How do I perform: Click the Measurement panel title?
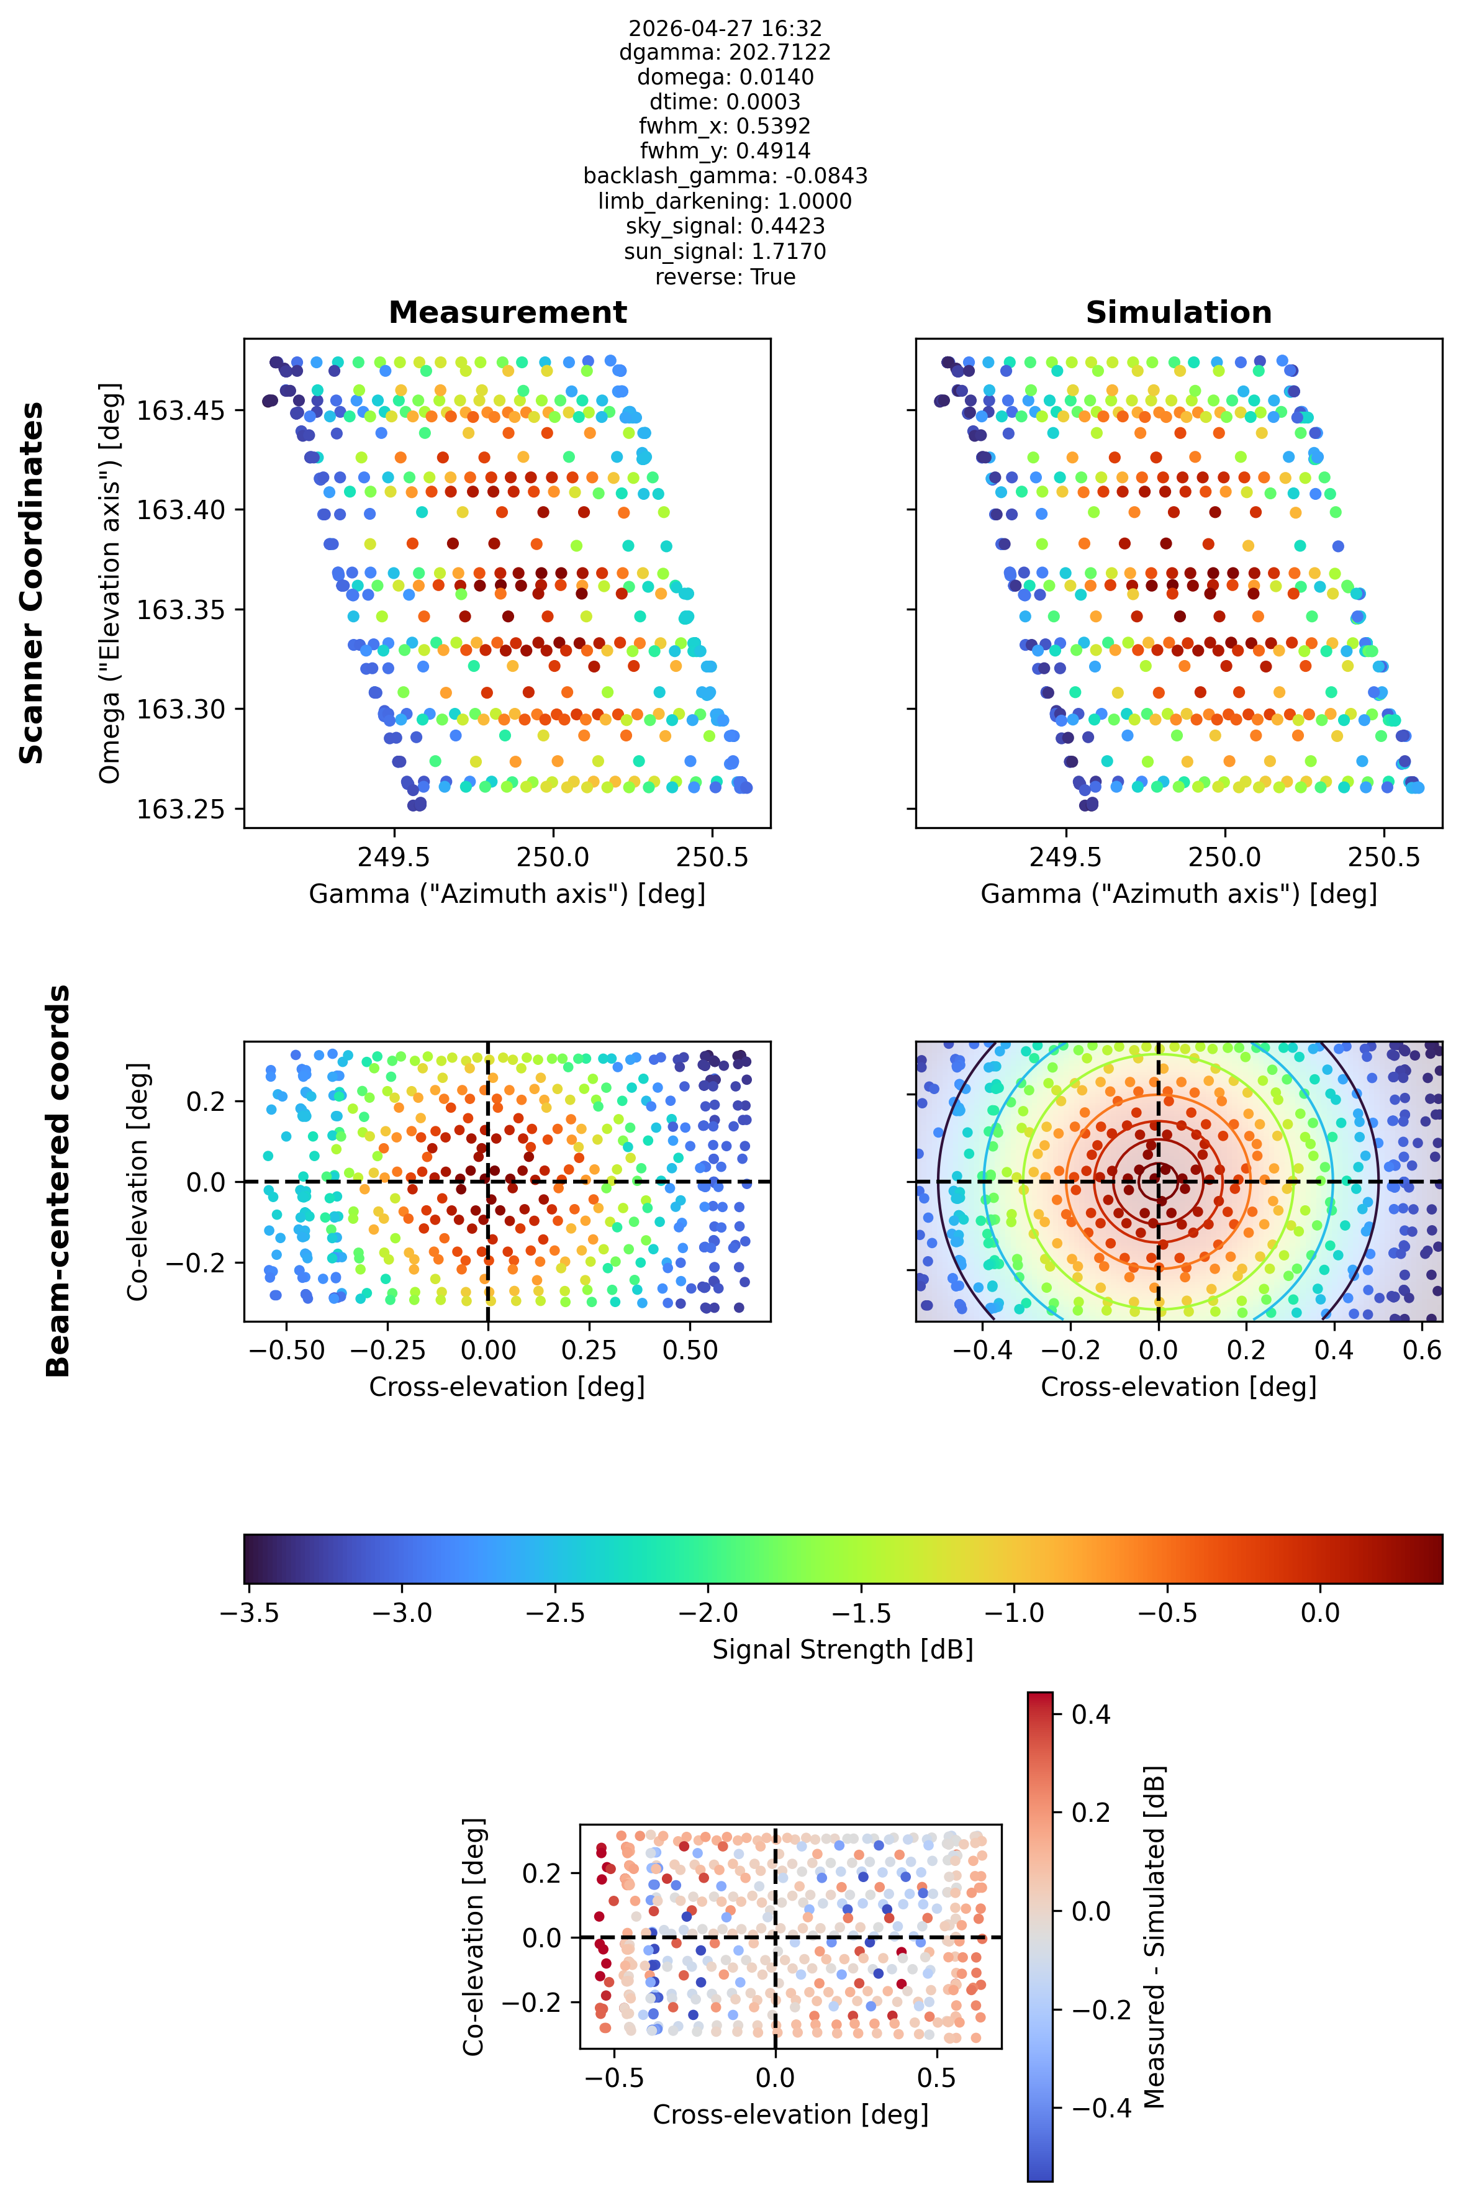pyautogui.click(x=508, y=312)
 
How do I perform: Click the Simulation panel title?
pyautogui.click(x=1178, y=312)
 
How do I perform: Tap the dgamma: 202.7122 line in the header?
pyautogui.click(x=725, y=52)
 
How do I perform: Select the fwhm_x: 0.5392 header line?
pyautogui.click(x=725, y=126)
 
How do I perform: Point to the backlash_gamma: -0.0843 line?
pyautogui.click(x=725, y=176)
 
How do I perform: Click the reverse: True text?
pyautogui.click(x=725, y=277)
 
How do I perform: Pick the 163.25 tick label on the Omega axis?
pyautogui.click(x=182, y=809)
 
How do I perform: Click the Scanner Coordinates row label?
pyautogui.click(x=32, y=583)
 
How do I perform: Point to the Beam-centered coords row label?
pyautogui.click(x=58, y=1180)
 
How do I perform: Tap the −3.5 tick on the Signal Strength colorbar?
pyautogui.click(x=249, y=1613)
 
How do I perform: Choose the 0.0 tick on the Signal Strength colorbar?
pyautogui.click(x=1319, y=1613)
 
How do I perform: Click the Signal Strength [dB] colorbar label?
pyautogui.click(x=843, y=1650)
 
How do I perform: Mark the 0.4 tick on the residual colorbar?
pyautogui.click(x=1091, y=1714)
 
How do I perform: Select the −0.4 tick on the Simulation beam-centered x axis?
pyautogui.click(x=983, y=1350)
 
